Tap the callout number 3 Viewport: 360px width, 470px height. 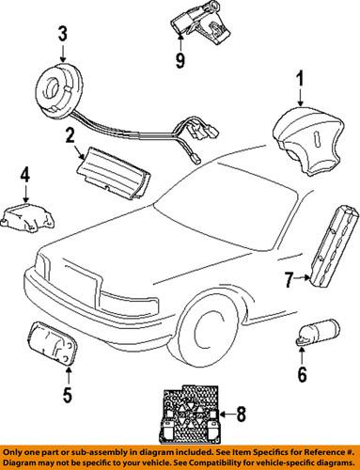point(62,35)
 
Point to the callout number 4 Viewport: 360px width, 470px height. point(25,174)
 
